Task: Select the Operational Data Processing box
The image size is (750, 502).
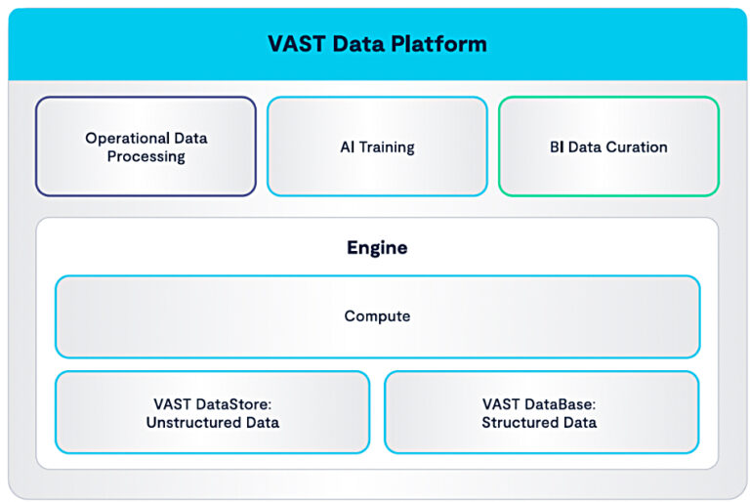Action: pyautogui.click(x=146, y=146)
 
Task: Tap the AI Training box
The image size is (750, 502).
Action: pyautogui.click(x=377, y=146)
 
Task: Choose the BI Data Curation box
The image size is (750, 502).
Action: pyautogui.click(x=608, y=146)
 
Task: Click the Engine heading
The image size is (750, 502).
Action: pyautogui.click(x=377, y=248)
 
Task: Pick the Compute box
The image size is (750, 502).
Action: pyautogui.click(x=377, y=316)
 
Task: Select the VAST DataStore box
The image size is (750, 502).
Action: pyautogui.click(x=212, y=412)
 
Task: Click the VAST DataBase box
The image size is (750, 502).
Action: pyautogui.click(x=541, y=412)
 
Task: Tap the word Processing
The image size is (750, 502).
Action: pyautogui.click(x=146, y=156)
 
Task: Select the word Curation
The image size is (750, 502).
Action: pyautogui.click(x=637, y=147)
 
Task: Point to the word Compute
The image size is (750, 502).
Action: pyautogui.click(x=377, y=316)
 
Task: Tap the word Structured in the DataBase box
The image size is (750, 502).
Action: pyautogui.click(x=518, y=423)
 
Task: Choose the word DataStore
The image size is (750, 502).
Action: pyautogui.click(x=234, y=403)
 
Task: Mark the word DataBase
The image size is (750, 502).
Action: pyautogui.click(x=563, y=403)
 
